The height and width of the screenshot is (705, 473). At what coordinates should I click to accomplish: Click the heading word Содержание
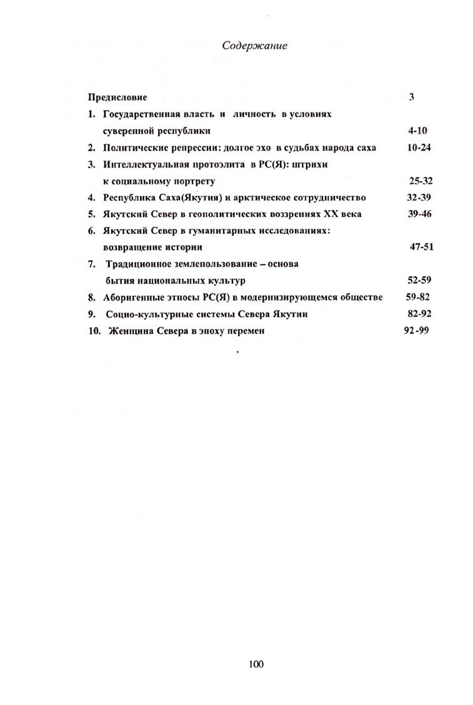click(254, 46)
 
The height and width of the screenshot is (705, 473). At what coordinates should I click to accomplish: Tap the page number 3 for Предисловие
click(412, 97)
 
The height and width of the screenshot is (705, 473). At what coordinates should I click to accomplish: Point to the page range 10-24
click(418, 148)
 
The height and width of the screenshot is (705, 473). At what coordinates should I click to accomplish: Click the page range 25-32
click(421, 181)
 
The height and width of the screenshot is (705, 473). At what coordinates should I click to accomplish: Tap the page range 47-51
click(422, 247)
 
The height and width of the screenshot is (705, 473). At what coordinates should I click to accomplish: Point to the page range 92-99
click(416, 331)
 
